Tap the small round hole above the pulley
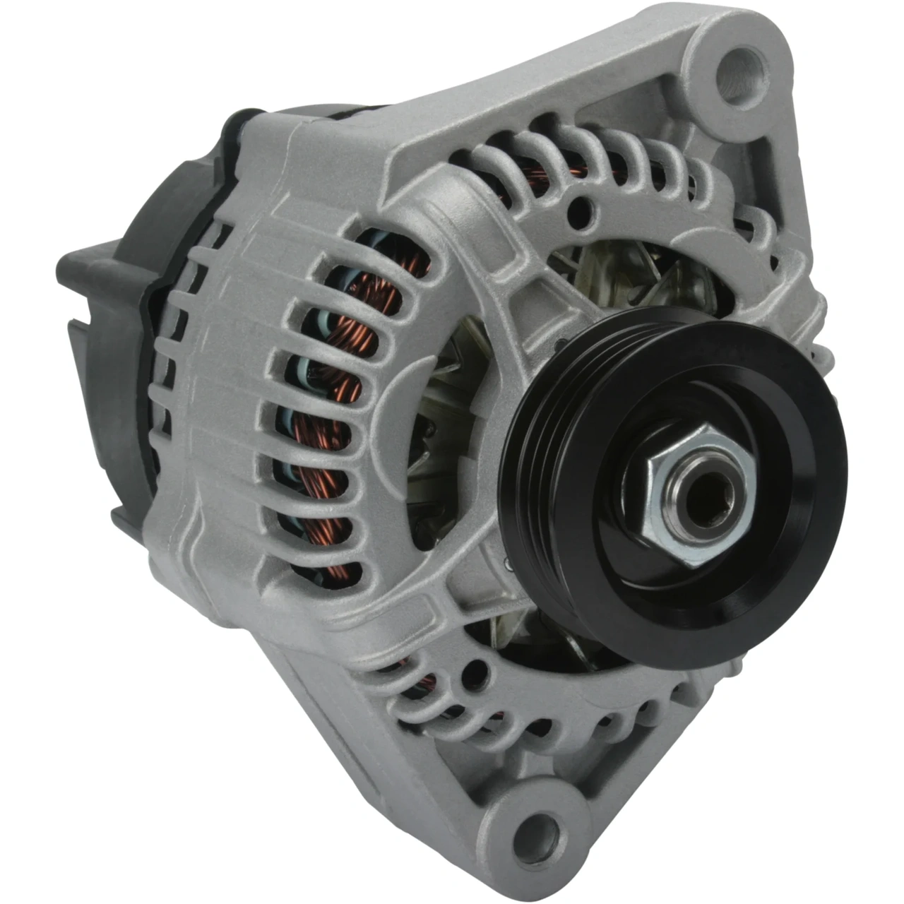(x=583, y=208)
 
